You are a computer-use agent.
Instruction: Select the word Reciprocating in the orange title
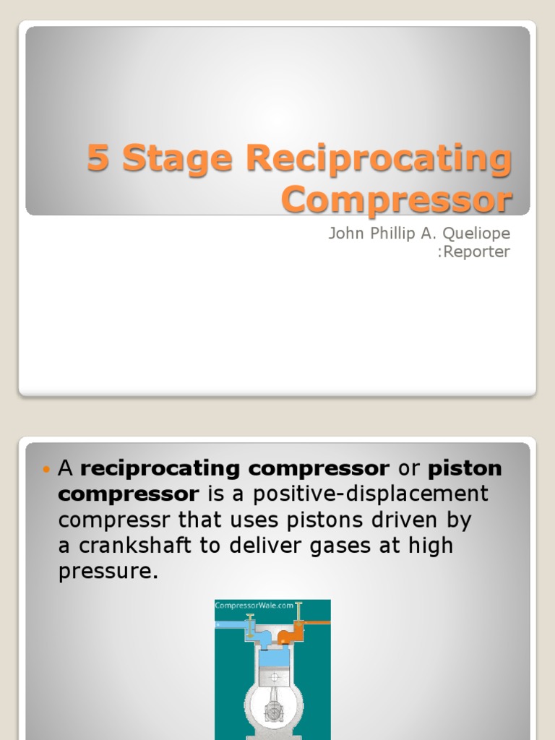pyautogui.click(x=379, y=160)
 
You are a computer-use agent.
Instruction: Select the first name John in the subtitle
pyautogui.click(x=345, y=234)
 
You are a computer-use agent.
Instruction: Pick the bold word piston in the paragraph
pyautogui.click(x=465, y=468)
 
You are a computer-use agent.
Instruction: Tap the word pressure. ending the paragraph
pyautogui.click(x=108, y=572)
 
